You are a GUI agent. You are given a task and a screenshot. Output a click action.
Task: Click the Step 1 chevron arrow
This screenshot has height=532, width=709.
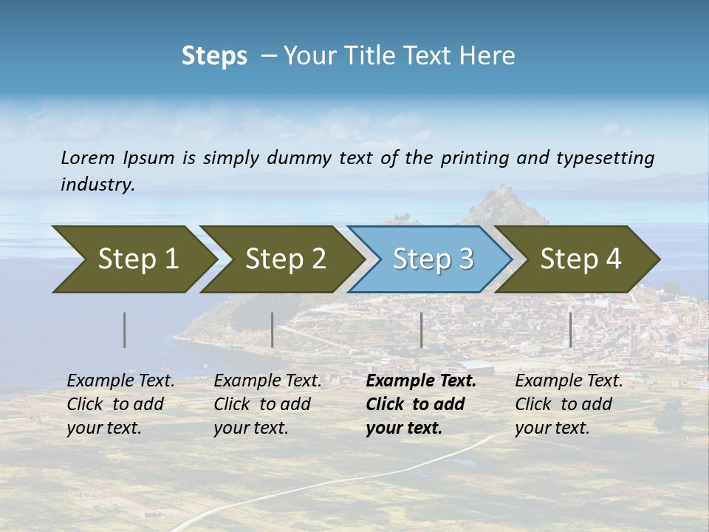[x=133, y=259]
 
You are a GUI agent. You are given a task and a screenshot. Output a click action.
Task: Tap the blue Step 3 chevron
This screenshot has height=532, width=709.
[x=431, y=259]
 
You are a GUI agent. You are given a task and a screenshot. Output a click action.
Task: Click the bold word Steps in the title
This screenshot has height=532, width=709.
[x=214, y=56]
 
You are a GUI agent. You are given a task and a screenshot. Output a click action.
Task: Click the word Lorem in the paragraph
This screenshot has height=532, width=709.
[x=88, y=157]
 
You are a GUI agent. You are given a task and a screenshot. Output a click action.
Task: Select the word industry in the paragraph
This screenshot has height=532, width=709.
[x=97, y=185]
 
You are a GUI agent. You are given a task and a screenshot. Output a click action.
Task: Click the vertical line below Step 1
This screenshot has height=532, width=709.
[x=125, y=330]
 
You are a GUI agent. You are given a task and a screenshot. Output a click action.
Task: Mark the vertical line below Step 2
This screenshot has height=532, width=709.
[x=273, y=330]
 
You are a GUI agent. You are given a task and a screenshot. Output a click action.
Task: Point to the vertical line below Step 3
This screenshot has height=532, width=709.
[x=422, y=330]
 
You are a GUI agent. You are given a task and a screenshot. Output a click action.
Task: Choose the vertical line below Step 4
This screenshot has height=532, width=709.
[x=571, y=330]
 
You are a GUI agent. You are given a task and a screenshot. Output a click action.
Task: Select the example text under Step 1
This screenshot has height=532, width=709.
[x=120, y=404]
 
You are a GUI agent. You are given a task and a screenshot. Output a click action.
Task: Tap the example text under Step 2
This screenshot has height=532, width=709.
[x=267, y=404]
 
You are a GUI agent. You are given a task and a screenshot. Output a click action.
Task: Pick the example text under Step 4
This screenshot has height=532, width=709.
[x=569, y=404]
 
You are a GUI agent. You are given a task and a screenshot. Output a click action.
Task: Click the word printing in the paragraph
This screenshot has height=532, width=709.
[x=471, y=157]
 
